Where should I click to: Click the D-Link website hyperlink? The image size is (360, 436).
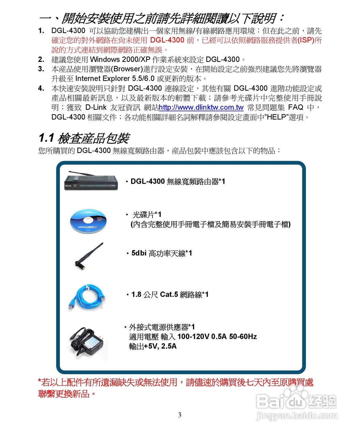pos(201,108)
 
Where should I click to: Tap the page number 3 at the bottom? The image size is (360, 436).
pos(180,415)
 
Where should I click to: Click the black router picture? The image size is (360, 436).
pos(91,181)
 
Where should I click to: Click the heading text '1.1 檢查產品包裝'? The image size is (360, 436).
pos(84,138)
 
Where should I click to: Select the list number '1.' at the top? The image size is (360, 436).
pos(41,31)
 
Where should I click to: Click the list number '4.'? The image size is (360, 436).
pos(41,89)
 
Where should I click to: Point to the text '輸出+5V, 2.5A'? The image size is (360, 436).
pos(153,346)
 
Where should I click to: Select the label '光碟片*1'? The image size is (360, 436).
pos(147,215)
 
